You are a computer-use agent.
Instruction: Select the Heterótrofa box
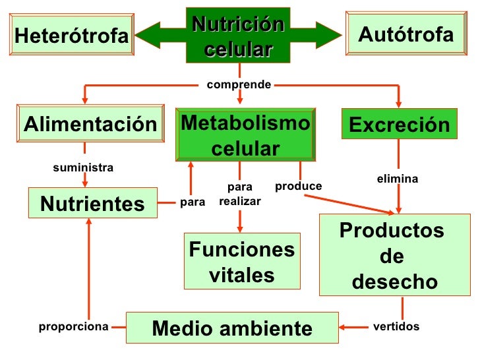(x=71, y=37)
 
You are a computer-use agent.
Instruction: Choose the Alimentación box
(x=90, y=124)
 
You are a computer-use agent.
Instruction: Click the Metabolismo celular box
(x=245, y=136)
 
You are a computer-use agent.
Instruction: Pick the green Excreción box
(x=399, y=124)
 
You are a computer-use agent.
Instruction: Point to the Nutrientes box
(x=92, y=203)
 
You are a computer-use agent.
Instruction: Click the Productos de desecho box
(x=394, y=256)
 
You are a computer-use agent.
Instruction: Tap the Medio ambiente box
(x=231, y=328)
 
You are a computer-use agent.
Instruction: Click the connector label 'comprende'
(x=239, y=85)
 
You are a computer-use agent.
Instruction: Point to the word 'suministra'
(x=83, y=167)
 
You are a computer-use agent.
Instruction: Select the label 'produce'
(x=298, y=187)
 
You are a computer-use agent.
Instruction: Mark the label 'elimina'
(x=397, y=179)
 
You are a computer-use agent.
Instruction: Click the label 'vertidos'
(x=396, y=327)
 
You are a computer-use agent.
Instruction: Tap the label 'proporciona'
(x=73, y=327)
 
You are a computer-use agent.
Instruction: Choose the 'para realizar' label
(x=240, y=195)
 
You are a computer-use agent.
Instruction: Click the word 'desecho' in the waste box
(x=394, y=282)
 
